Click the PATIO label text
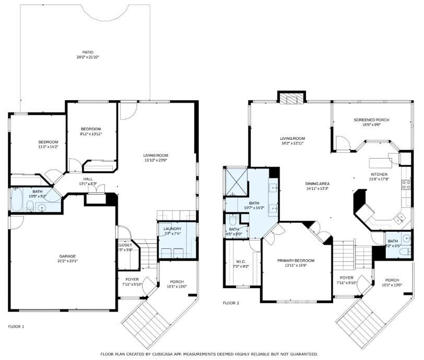(x=87, y=52)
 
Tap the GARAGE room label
(x=68, y=256)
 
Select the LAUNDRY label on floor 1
(x=172, y=229)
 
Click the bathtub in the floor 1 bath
(x=16, y=200)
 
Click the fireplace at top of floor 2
(x=290, y=98)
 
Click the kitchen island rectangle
(x=381, y=161)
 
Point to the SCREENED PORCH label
(x=371, y=120)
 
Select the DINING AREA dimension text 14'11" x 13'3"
(x=316, y=188)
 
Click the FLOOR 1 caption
(x=16, y=326)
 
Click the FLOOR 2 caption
(x=231, y=303)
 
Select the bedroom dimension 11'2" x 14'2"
(x=48, y=147)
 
